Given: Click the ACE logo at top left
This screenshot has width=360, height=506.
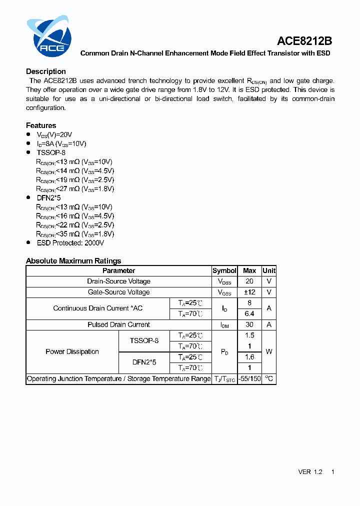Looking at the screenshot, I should (49, 36).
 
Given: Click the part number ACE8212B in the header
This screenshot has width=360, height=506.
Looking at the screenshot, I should (304, 41).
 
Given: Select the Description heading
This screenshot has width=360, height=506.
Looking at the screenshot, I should (46, 71).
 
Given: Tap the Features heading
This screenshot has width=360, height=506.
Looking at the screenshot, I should (41, 125).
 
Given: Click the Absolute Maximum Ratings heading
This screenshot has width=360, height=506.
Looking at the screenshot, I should (73, 260).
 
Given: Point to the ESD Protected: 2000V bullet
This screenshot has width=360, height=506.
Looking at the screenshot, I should (70, 243).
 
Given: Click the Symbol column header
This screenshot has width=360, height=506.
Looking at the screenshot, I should (224, 270).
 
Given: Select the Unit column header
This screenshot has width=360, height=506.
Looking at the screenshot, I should (269, 270).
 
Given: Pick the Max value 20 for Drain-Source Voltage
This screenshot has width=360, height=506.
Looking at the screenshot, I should (249, 281).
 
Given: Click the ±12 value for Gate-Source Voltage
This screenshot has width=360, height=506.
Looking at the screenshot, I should (249, 292).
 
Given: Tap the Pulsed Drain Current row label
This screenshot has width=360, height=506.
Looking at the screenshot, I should (118, 324).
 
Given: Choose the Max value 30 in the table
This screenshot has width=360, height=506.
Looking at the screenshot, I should (249, 324).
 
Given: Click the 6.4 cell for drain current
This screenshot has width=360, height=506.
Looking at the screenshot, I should (249, 313).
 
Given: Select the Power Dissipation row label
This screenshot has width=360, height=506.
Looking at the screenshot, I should (72, 351).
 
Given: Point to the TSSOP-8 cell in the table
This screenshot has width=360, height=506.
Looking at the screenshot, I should (144, 340).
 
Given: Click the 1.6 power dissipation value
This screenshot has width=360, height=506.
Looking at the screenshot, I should (249, 357).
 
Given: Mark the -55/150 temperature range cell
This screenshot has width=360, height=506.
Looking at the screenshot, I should (249, 378).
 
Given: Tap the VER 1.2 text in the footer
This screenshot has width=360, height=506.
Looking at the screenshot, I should (310, 471).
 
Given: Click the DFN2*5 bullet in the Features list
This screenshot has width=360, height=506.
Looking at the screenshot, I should (48, 198).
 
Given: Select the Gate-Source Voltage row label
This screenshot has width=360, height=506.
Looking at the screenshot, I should (118, 292).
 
